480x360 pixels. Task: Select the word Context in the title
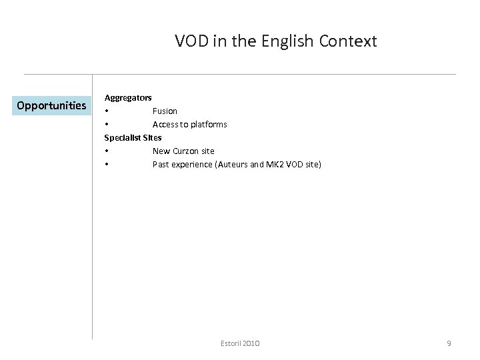pos(348,41)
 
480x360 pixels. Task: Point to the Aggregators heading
pos(127,97)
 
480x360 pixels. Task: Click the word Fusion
pos(165,111)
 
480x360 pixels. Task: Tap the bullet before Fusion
pos(106,111)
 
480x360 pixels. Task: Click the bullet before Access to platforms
pos(106,124)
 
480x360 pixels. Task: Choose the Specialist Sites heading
pos(133,137)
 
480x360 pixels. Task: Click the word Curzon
pos(185,151)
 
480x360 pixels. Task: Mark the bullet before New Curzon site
pos(106,151)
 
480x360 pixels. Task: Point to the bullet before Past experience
pos(106,164)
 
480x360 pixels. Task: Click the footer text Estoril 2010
pos(240,343)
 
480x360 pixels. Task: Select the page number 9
pos(449,343)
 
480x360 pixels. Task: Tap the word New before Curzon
pos(161,151)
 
